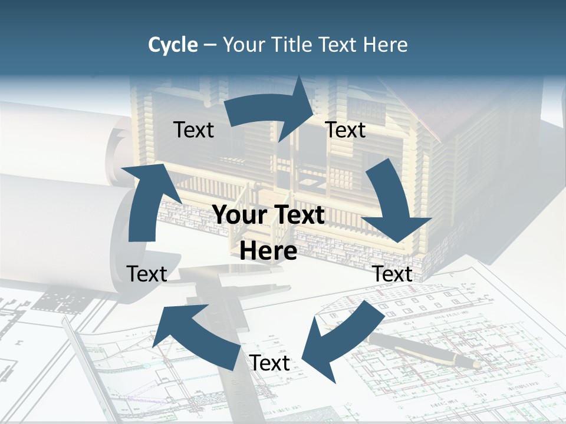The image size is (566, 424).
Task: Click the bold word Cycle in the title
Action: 173,45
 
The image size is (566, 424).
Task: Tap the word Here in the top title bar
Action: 386,45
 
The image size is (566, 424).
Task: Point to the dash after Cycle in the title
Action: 210,45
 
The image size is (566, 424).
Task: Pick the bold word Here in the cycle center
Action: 268,251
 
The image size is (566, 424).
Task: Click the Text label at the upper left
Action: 193,130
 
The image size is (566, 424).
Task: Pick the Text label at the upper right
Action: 345,130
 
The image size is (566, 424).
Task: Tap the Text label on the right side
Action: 393,274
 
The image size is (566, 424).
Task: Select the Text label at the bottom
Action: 269,363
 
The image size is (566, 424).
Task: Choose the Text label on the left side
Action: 147,274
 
